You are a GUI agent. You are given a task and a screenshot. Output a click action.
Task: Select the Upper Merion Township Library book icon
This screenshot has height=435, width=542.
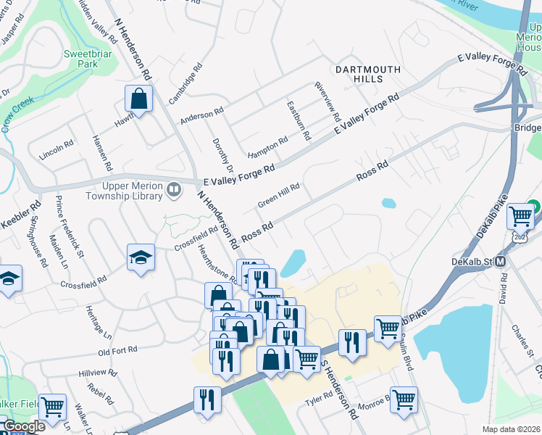(x=174, y=190)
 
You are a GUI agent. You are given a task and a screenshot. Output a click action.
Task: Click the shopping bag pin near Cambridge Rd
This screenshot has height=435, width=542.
(x=138, y=99)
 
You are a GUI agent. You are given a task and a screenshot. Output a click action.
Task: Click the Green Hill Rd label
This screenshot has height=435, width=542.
(x=278, y=196)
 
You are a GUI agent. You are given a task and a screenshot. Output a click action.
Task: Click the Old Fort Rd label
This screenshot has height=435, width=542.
(x=117, y=351)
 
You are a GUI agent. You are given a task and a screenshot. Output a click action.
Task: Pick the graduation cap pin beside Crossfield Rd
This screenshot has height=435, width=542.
(x=141, y=258)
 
